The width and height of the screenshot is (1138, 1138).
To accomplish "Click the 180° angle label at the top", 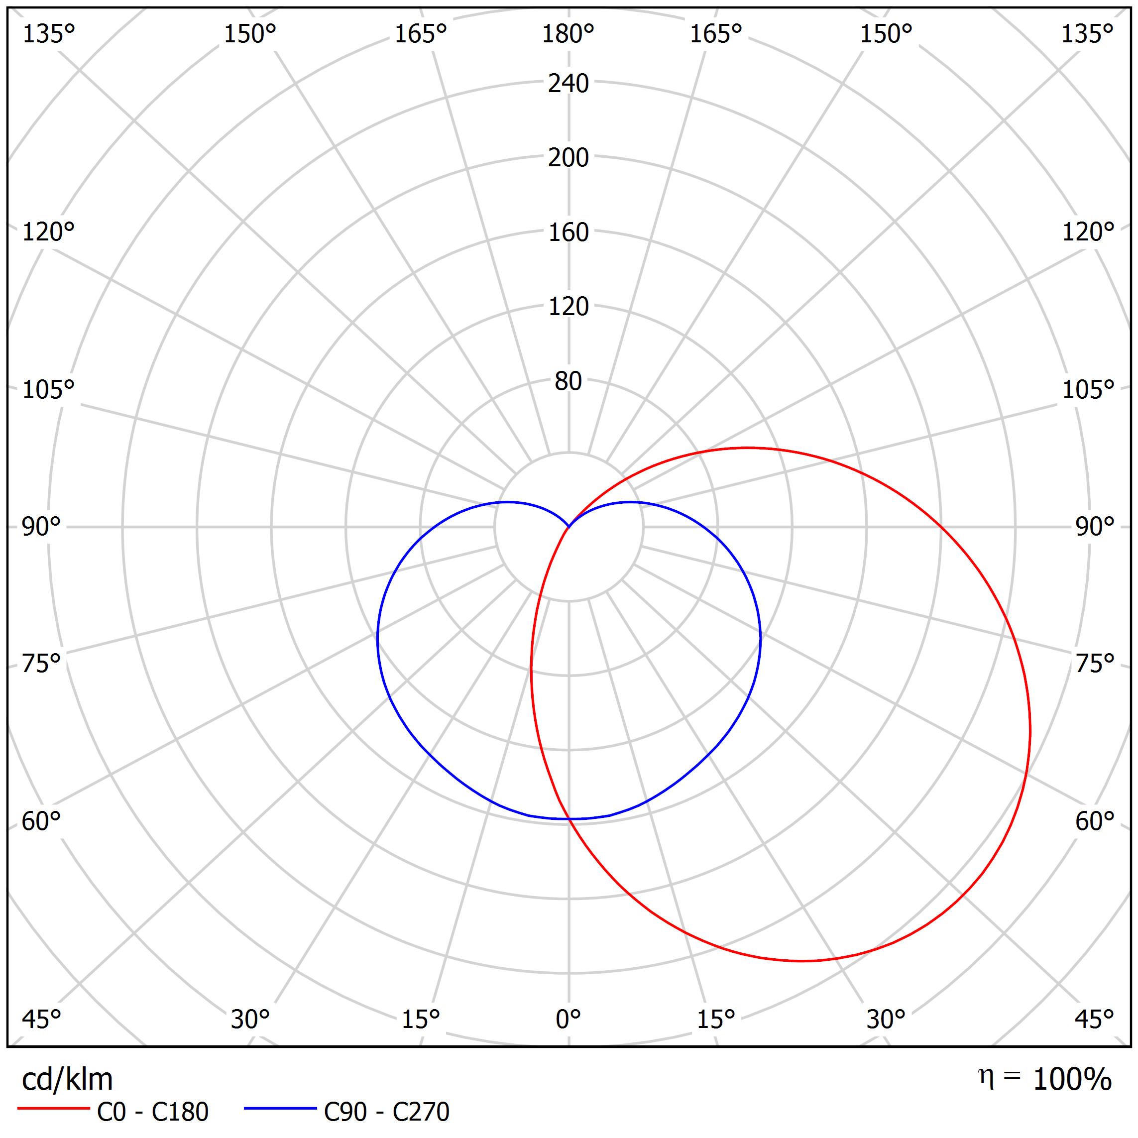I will pos(568,35).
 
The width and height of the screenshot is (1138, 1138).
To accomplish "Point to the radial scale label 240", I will pos(568,84).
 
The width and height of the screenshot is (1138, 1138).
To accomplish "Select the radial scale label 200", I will pos(568,158).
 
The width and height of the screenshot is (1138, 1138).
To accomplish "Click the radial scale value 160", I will pos(568,232).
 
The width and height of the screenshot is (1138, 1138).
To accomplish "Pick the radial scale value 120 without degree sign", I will pos(568,307).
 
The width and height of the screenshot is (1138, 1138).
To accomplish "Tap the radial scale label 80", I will pos(568,382).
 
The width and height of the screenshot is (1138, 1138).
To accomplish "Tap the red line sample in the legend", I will pos(53,1109).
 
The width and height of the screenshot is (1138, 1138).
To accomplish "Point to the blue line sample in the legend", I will pos(280,1109).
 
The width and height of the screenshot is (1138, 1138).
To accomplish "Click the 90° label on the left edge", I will pos(41,527).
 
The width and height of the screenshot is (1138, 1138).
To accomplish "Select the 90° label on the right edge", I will pos(1094,527).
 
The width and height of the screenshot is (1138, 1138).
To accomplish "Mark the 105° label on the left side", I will pos(48,389).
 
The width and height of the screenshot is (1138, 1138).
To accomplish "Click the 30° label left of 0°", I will pos(250,1019).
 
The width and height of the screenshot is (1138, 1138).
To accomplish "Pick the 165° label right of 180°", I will pos(716,35).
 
